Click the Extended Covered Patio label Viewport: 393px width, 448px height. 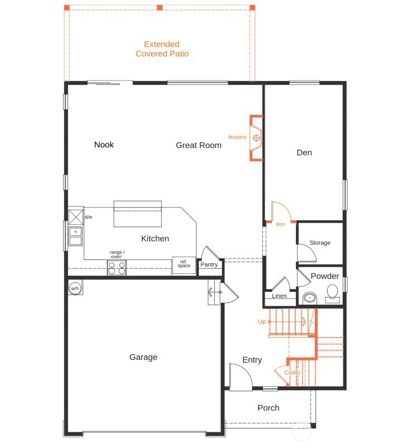click(x=162, y=49)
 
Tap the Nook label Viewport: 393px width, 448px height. click(x=104, y=144)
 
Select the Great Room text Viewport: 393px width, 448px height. click(x=198, y=145)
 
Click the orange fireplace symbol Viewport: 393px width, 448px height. click(x=256, y=137)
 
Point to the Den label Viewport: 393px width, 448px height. click(x=304, y=152)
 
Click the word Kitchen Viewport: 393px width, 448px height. click(x=155, y=238)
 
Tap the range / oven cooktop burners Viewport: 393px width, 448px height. click(x=117, y=268)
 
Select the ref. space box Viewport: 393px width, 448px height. click(x=184, y=263)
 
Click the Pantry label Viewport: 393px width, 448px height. click(x=209, y=264)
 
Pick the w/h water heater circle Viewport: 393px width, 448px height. click(x=75, y=288)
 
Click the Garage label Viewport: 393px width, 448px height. click(x=143, y=357)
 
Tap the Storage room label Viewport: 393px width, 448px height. click(x=320, y=243)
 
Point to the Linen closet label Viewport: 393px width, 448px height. click(x=279, y=296)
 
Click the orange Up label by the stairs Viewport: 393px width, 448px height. click(x=261, y=322)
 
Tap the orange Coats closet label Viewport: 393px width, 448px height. click(x=292, y=372)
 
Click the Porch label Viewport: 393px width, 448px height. click(x=268, y=408)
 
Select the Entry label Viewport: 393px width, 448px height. click(x=252, y=360)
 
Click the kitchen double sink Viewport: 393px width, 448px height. click(x=75, y=237)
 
